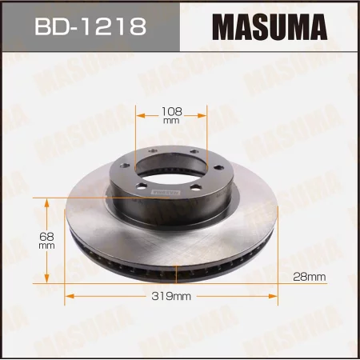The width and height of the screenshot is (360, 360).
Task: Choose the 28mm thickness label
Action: click(x=310, y=277)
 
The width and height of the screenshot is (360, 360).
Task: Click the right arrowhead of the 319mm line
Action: click(x=283, y=296)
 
